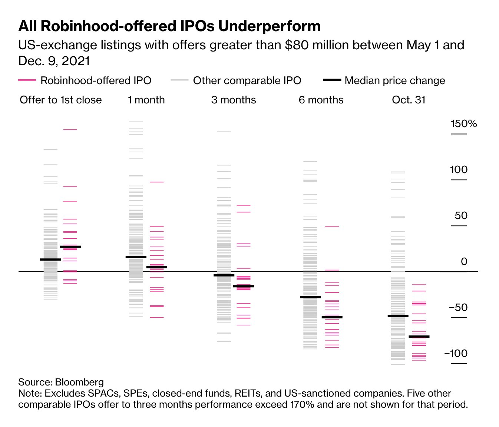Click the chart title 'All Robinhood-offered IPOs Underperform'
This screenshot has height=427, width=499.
(x=169, y=26)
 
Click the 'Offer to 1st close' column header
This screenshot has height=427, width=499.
(x=61, y=100)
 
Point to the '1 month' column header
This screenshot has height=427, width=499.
(x=146, y=100)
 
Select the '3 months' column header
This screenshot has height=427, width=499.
(x=234, y=100)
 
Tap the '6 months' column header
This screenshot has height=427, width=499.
(x=321, y=100)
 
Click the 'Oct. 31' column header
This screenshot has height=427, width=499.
(x=409, y=100)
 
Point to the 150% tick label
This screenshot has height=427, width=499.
(x=463, y=124)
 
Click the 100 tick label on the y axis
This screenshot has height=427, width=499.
(x=459, y=170)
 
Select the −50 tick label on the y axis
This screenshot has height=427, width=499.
(x=458, y=308)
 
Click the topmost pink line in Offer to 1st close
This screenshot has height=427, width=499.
(x=70, y=130)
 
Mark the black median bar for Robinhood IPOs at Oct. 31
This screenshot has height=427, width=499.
(x=419, y=337)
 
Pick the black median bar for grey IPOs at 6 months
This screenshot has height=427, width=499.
(x=310, y=297)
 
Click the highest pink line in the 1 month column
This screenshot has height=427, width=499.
(x=156, y=182)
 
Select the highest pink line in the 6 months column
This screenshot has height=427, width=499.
(x=332, y=226)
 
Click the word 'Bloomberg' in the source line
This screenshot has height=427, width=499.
(x=79, y=382)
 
